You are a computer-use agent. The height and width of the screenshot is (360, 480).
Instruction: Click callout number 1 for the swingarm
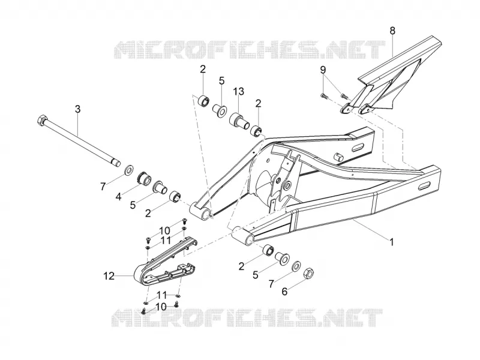tap(391, 242)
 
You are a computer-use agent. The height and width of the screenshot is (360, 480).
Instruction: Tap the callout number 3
tap(78, 109)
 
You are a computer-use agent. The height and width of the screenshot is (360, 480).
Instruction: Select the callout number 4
tap(118, 196)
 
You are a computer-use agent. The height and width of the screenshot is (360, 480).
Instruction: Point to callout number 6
tap(284, 292)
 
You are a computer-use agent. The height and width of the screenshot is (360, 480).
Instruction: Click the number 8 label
tap(392, 31)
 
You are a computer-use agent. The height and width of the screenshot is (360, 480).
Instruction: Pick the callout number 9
tap(323, 70)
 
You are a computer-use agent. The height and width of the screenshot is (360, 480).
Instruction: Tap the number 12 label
tap(109, 276)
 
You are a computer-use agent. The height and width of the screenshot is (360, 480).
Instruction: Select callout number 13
tap(239, 91)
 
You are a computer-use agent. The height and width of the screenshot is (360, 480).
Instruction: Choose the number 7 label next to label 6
tap(271, 284)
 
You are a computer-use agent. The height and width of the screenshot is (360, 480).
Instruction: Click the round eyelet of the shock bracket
tap(287, 185)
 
